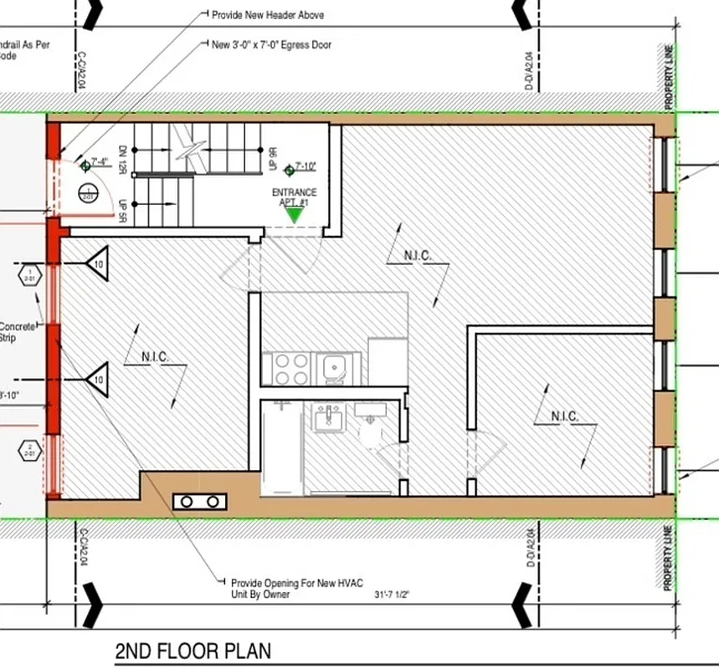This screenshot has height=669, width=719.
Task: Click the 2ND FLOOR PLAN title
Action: pyautogui.click(x=193, y=651)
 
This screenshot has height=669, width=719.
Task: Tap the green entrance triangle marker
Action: pyautogui.click(x=294, y=215)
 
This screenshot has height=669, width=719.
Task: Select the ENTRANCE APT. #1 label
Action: pyautogui.click(x=295, y=197)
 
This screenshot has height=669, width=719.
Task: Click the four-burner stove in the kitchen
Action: pyautogui.click(x=288, y=366)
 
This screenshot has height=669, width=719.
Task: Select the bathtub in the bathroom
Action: pyautogui.click(x=281, y=447)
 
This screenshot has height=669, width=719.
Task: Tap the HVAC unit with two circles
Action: pyautogui.click(x=201, y=501)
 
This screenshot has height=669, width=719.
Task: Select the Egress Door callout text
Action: pyautogui.click(x=271, y=44)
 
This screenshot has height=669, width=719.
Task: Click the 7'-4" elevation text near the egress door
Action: pyautogui.click(x=100, y=162)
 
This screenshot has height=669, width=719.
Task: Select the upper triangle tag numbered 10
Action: pyautogui.click(x=98, y=263)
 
